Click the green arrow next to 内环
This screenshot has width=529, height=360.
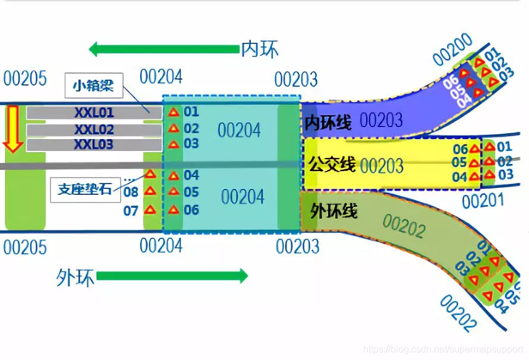tap(163, 49)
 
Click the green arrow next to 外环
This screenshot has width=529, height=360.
tap(172, 276)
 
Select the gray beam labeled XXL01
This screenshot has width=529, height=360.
tap(94, 112)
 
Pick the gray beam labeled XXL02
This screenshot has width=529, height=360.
tap(94, 129)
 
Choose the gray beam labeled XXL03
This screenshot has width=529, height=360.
tap(94, 144)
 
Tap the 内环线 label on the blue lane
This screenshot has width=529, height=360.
tap(328, 123)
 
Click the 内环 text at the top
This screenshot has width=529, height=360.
tap(260, 49)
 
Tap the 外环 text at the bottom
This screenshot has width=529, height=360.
tap(75, 277)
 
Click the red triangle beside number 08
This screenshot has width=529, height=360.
tap(150, 191)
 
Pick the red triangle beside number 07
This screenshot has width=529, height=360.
tap(150, 209)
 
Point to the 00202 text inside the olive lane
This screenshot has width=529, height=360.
tap(404, 226)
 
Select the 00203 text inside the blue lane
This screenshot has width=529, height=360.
tap(381, 121)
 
